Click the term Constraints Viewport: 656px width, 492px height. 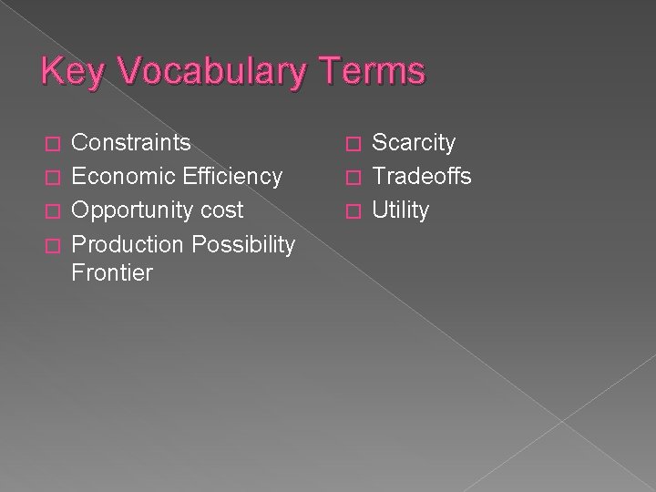click(x=131, y=142)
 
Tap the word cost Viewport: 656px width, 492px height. click(x=223, y=210)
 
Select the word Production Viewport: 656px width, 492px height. click(x=127, y=244)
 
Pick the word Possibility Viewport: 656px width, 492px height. click(x=242, y=244)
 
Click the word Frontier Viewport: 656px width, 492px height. click(x=112, y=272)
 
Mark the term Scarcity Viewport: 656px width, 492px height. click(x=415, y=142)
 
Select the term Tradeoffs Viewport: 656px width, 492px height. click(x=422, y=176)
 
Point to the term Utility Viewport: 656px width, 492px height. click(x=401, y=210)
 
